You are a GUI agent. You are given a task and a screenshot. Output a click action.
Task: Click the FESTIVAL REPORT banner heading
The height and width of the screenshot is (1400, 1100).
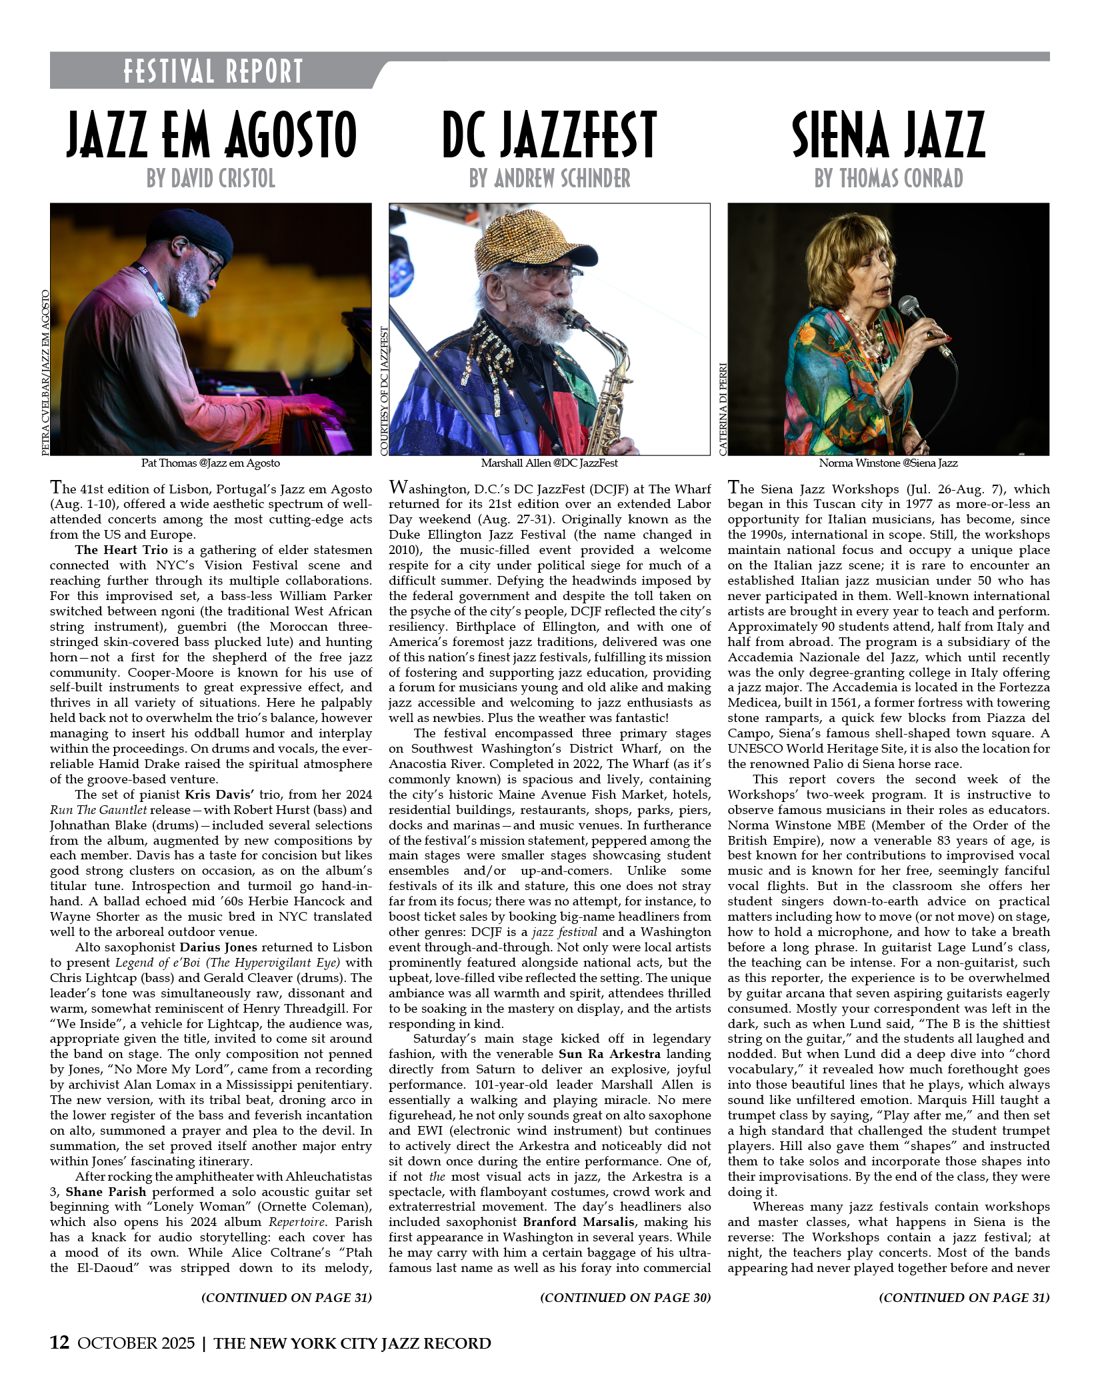[213, 71]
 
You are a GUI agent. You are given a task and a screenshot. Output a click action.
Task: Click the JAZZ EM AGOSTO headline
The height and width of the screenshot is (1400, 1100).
[211, 135]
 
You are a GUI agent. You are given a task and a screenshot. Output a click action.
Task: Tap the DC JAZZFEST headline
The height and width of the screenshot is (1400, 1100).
[549, 135]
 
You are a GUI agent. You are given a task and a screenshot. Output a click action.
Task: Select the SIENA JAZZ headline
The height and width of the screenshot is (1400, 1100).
[888, 135]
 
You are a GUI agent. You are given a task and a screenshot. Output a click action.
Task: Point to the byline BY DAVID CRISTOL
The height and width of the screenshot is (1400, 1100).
[211, 179]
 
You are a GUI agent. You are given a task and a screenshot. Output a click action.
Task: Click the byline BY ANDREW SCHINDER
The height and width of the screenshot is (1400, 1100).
[549, 179]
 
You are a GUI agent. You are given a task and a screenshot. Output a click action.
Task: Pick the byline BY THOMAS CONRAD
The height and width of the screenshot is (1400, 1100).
[888, 179]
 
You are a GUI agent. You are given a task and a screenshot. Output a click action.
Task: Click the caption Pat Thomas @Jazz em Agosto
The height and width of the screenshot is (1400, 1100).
[211, 463]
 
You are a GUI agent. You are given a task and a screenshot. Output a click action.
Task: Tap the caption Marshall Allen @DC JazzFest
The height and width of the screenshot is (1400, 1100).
[549, 463]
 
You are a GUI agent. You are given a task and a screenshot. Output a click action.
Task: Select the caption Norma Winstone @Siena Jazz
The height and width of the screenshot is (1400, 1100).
[888, 463]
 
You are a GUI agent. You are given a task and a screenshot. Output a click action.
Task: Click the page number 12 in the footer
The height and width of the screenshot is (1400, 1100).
[59, 1343]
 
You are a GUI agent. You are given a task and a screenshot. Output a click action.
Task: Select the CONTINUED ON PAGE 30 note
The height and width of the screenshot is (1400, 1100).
[625, 1297]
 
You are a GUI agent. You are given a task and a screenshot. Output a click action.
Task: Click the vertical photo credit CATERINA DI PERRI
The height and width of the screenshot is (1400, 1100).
[723, 409]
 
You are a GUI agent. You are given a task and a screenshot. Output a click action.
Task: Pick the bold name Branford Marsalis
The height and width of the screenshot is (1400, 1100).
[576, 1222]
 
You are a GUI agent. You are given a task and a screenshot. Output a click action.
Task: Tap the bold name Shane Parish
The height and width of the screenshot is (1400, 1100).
[105, 1192]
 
